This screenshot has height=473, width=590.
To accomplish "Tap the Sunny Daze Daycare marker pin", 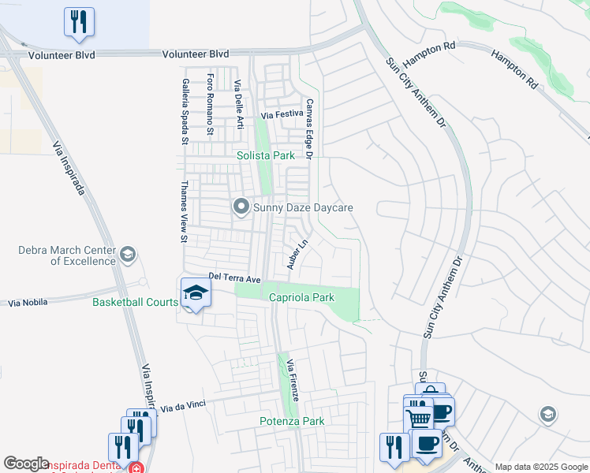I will [x=241, y=207].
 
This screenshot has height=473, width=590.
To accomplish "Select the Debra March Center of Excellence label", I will [x=67, y=255].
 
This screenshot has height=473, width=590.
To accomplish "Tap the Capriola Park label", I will [x=301, y=297].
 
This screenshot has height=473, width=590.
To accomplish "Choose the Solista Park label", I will [x=266, y=155].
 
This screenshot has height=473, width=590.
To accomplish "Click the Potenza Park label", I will [x=292, y=421].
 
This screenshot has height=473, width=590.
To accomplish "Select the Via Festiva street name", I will [x=282, y=116].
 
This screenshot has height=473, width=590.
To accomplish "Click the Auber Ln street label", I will [x=296, y=254].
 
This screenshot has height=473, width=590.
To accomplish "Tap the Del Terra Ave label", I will [x=234, y=278].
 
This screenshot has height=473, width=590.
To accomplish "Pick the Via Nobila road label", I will [x=27, y=302].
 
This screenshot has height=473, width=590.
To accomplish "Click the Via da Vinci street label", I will [x=183, y=406].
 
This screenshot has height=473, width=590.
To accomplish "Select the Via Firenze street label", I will [x=293, y=381].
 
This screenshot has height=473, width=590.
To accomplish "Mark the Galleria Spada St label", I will [x=185, y=110].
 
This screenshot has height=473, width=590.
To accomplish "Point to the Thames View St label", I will [x=184, y=211].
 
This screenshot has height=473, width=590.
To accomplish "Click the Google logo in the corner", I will [x=26, y=464].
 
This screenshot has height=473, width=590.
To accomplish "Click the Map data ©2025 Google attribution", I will [x=541, y=467].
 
